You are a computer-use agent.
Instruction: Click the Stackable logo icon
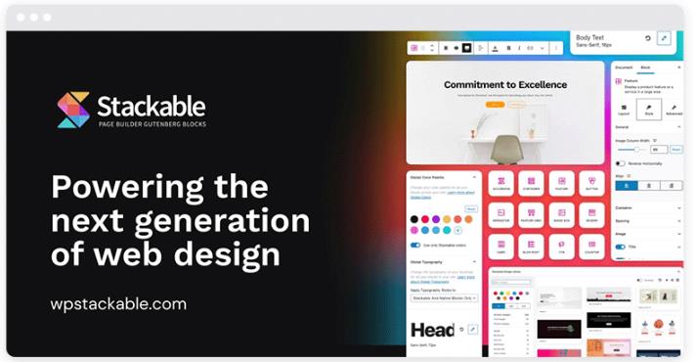[x=73, y=110]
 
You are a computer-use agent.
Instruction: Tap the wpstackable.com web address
[x=118, y=304]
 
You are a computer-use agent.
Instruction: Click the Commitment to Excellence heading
[x=504, y=85]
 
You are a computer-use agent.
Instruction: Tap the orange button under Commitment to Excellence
[x=497, y=104]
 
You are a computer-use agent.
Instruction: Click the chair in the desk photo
[x=505, y=147]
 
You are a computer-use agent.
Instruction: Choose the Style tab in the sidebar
[x=647, y=108]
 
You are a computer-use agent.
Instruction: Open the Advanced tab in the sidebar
[x=673, y=108]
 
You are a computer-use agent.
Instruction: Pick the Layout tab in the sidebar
[x=624, y=108]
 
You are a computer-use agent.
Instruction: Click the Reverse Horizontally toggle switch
[x=620, y=162]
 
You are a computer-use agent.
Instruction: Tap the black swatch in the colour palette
[x=414, y=219]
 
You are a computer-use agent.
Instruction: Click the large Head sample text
[x=431, y=330]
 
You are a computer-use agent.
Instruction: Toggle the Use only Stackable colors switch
[x=415, y=245]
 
